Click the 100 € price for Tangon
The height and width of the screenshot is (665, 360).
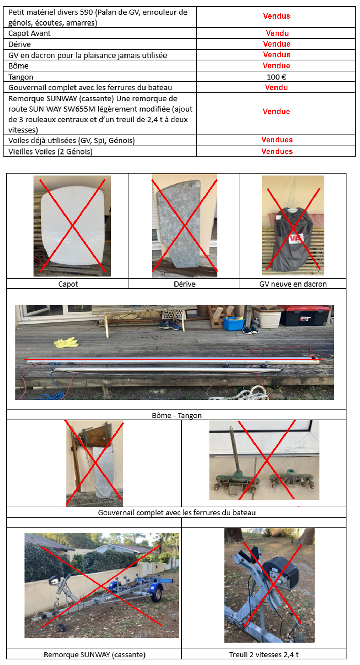[x=276, y=77]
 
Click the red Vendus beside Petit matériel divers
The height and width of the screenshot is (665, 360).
[x=277, y=16]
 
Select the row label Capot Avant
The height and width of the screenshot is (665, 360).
[x=29, y=33]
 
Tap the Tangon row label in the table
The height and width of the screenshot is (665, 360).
[x=21, y=77]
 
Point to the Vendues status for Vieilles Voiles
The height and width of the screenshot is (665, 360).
[x=277, y=152]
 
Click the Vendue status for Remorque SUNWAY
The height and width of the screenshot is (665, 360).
[x=276, y=112]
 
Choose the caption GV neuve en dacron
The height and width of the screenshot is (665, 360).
[x=293, y=284]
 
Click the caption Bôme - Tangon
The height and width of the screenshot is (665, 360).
[x=177, y=416]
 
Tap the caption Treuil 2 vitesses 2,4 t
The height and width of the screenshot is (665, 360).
[x=264, y=655]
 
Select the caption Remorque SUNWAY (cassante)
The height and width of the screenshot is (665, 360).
[x=94, y=655]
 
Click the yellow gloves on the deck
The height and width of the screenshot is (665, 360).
[x=66, y=342]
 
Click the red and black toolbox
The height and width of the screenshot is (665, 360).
[x=304, y=316]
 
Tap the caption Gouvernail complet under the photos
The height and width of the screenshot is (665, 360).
[x=177, y=513]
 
